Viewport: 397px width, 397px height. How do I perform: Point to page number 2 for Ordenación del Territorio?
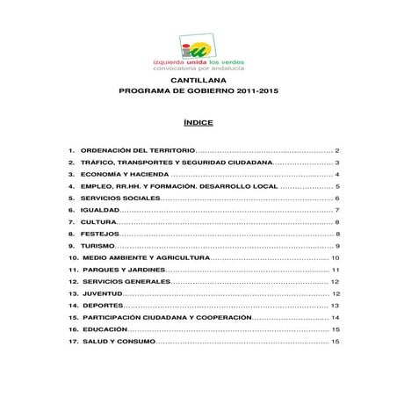(x=336, y=152)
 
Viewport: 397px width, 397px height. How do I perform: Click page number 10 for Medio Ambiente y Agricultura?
(x=336, y=258)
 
